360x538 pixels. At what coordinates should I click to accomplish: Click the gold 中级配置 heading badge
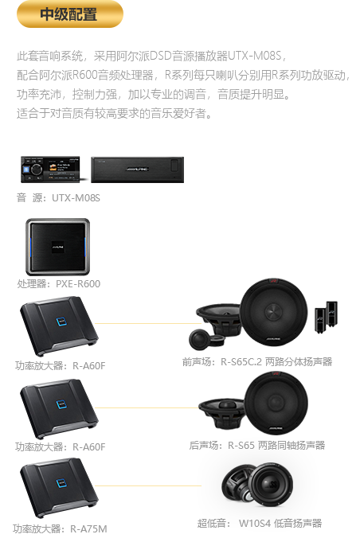(70, 14)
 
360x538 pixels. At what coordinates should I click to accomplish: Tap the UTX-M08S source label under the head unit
(58, 198)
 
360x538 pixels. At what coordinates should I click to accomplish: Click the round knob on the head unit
(36, 170)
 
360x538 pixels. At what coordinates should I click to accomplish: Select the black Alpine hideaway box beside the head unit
(138, 170)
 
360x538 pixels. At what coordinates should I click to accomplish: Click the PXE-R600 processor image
(57, 247)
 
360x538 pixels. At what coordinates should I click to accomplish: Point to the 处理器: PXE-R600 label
(59, 284)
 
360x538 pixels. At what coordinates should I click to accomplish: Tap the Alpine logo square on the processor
(57, 247)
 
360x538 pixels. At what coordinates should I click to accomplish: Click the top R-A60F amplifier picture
(59, 326)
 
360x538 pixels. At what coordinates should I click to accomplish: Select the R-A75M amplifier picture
(59, 488)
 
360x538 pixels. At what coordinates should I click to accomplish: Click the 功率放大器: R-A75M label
(60, 528)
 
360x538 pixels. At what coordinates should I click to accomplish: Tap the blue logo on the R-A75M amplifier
(61, 483)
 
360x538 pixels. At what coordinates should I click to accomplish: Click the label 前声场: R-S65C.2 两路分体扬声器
(257, 361)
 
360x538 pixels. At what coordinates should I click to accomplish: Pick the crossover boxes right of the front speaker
(327, 317)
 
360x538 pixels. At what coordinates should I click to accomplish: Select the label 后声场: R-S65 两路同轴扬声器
(257, 446)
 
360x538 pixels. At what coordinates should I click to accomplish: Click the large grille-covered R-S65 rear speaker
(276, 403)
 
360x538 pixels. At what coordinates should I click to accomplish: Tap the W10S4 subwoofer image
(257, 485)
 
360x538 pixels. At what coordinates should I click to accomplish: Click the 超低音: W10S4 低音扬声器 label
(260, 523)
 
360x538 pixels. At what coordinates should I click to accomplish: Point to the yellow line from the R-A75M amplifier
(148, 485)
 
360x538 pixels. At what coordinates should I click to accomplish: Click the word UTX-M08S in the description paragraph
(255, 56)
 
